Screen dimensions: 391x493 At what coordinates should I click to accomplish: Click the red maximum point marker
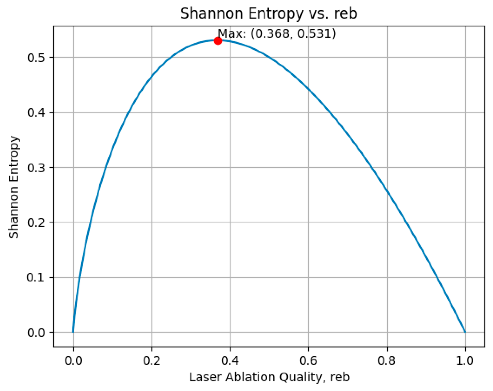[218, 41]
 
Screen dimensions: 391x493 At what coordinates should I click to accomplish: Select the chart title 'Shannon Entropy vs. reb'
[269, 13]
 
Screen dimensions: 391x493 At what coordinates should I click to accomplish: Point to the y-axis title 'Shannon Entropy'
[14, 187]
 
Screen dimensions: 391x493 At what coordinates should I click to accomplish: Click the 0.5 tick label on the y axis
[36, 58]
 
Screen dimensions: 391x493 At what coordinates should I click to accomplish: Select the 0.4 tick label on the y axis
[36, 113]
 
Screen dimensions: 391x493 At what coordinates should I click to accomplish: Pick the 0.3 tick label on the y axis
[36, 168]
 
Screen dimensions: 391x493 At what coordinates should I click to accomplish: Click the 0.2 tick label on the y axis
[36, 222]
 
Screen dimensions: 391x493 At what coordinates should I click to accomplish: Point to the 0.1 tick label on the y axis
[36, 278]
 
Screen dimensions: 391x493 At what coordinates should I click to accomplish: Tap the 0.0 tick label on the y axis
[36, 333]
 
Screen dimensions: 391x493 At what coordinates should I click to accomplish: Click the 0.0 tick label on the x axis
[73, 361]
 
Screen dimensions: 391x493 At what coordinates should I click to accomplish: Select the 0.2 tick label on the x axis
[152, 361]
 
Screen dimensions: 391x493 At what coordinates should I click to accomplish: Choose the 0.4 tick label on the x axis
[230, 361]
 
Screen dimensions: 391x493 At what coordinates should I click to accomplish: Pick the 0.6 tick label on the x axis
[308, 361]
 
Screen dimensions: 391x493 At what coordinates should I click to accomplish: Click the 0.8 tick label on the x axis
[387, 361]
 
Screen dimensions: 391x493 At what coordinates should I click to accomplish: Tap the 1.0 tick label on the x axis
[465, 361]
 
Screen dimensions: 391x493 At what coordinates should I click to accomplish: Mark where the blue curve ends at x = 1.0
[465, 332]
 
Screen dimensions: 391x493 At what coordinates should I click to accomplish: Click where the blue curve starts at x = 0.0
[73, 332]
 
